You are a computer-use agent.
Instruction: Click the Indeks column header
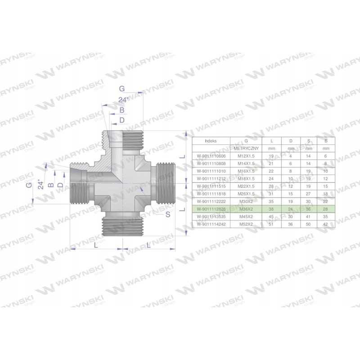tap(211, 140)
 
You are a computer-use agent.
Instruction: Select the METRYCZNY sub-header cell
tap(246, 148)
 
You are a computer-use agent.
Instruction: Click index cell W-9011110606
tap(211, 156)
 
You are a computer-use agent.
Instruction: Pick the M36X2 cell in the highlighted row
tap(246, 209)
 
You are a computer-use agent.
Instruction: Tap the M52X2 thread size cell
tap(246, 224)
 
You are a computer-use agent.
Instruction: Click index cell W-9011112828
tap(211, 209)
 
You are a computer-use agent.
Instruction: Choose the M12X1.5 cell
tap(246, 156)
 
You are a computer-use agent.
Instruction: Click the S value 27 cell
tap(309, 193)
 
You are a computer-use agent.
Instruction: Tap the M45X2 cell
tap(246, 216)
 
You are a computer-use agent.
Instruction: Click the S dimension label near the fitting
tap(167, 215)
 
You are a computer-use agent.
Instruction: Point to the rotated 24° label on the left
tap(40, 184)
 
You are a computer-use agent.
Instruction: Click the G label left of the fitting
tap(29, 185)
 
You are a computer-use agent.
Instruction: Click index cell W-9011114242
tap(211, 224)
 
